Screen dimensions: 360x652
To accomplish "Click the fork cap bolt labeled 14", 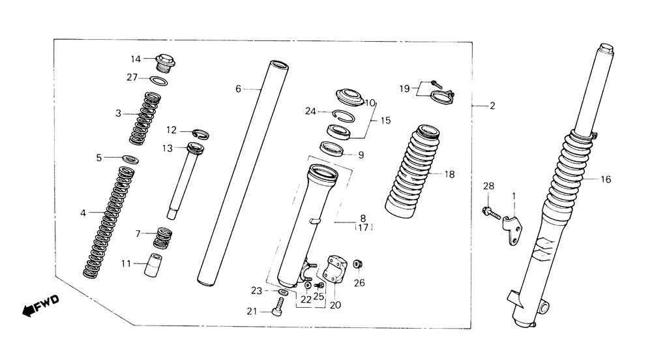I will click(165, 63).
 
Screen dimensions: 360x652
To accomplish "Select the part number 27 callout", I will click(132, 78).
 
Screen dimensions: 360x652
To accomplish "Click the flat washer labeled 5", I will click(130, 158).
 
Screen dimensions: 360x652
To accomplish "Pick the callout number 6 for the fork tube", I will click(239, 88).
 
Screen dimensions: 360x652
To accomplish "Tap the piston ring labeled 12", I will click(199, 134).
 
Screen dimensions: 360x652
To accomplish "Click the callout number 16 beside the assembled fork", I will click(605, 179).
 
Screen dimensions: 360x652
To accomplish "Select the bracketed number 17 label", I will click(363, 228).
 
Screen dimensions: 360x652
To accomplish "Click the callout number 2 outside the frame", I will click(492, 105).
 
